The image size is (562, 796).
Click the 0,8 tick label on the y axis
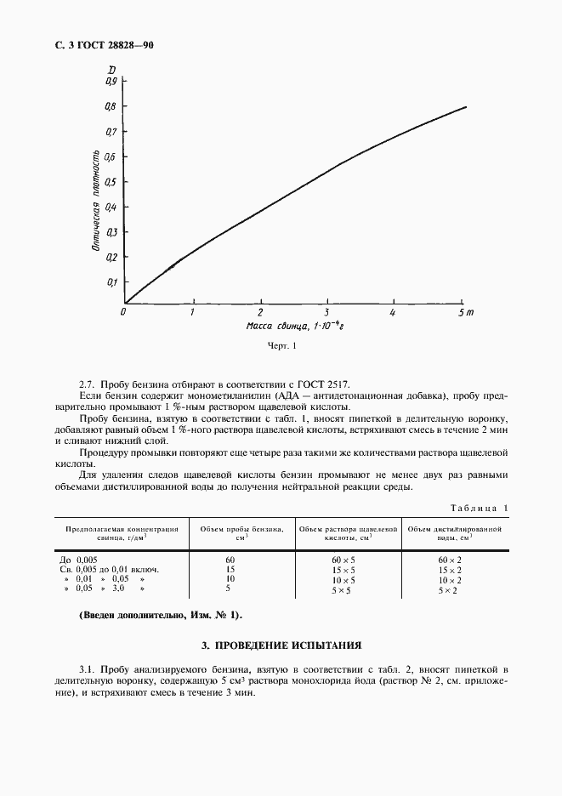110,107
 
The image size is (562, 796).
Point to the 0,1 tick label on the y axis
110,281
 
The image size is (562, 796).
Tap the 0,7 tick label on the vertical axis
110,132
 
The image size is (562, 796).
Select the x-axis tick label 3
327,313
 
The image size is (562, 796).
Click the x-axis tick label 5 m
464,313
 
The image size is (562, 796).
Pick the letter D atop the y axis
112,70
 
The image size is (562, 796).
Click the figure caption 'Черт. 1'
281,346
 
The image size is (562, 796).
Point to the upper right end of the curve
466,106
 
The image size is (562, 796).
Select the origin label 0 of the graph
124,313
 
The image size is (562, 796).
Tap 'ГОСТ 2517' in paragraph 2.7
323,383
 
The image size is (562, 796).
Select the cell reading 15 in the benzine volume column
230,569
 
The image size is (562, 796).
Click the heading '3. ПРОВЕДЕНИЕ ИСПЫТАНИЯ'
281,645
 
